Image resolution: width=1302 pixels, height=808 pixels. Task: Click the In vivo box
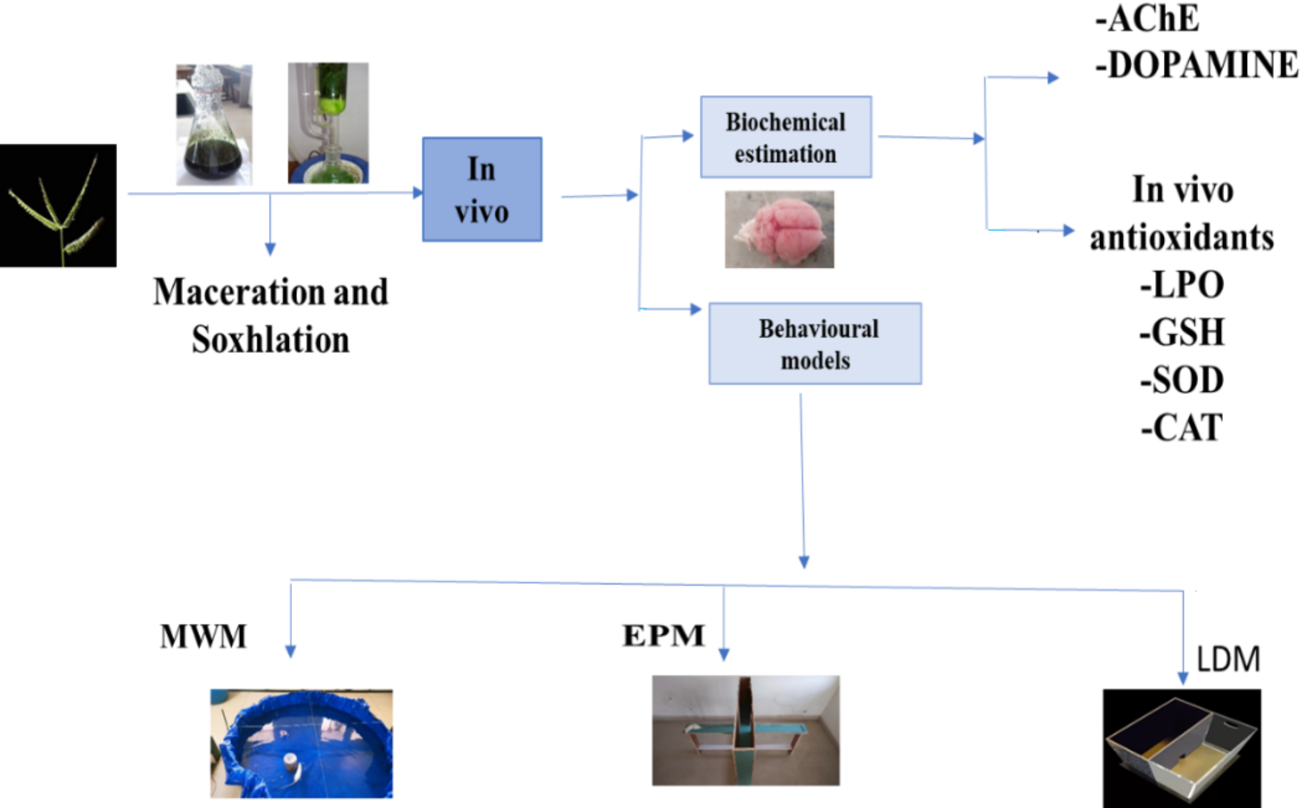[x=482, y=189]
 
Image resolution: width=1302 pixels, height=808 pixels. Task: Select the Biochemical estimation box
[x=785, y=137]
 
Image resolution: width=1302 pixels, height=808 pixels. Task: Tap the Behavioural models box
[x=815, y=344]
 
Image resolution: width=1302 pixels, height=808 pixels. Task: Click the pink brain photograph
[x=779, y=230]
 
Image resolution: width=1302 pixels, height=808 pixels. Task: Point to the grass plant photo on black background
[x=58, y=206]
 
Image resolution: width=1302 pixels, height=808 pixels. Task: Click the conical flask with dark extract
[x=213, y=125]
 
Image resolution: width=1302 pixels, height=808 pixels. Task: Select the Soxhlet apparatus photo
[x=328, y=123]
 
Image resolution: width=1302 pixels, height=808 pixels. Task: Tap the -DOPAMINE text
[x=1196, y=65]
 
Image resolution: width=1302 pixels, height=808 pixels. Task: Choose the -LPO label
[x=1182, y=285]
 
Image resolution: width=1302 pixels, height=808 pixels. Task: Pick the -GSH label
[x=1182, y=332]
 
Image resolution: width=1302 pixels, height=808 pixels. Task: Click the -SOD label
[x=1182, y=380]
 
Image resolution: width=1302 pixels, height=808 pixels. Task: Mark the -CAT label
[x=1182, y=428]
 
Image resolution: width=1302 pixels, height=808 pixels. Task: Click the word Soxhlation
[x=270, y=340]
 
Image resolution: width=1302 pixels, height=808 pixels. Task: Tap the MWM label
[x=203, y=636]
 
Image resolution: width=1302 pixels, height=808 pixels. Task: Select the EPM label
[x=664, y=635]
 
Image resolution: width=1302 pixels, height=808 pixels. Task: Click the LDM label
[x=1228, y=659]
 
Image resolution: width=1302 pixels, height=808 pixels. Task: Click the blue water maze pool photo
[x=301, y=743]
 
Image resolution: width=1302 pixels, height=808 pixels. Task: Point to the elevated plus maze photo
[x=745, y=731]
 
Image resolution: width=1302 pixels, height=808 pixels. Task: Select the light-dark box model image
[x=1182, y=747]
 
